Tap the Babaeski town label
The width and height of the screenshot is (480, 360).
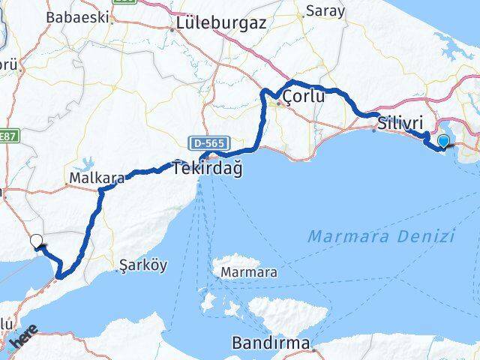click(x=77, y=16)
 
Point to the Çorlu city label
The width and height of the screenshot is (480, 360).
click(x=304, y=97)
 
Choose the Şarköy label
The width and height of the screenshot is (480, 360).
click(x=143, y=265)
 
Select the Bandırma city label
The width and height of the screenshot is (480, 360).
click(x=270, y=344)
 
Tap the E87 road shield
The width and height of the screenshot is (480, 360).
click(x=8, y=136)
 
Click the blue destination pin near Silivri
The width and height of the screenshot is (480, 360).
click(x=444, y=140)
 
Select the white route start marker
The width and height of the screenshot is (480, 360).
click(x=36, y=241)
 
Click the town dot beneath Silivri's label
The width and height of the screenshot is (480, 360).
click(x=374, y=130)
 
